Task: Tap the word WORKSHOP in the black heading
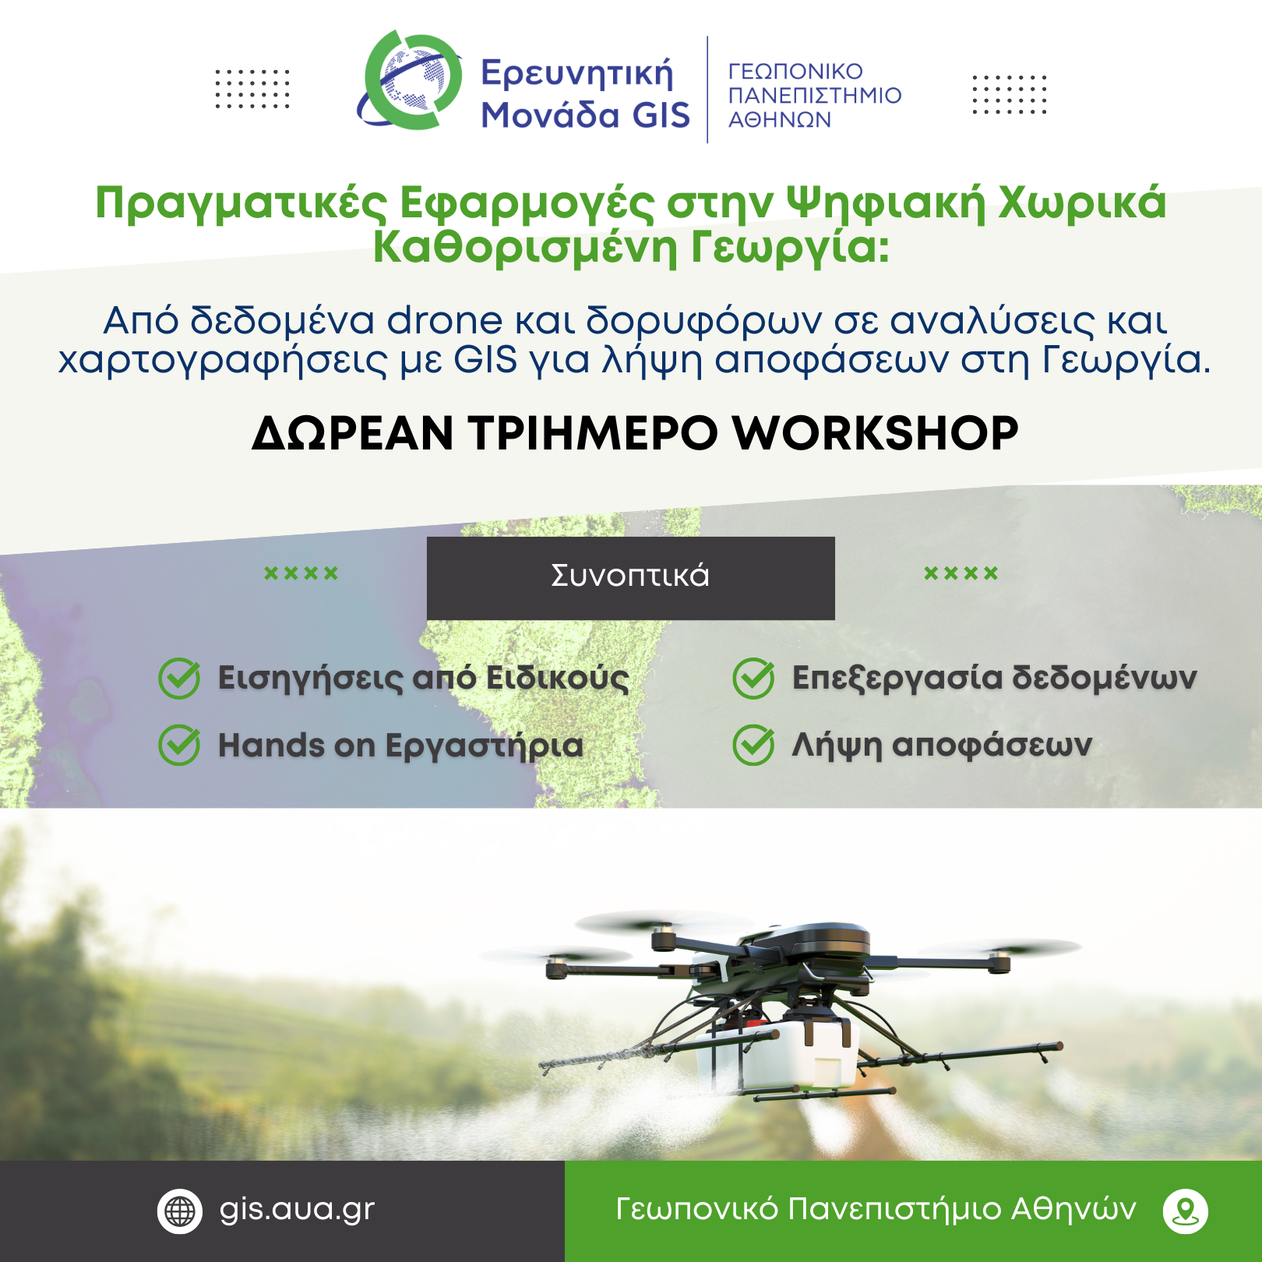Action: [875, 433]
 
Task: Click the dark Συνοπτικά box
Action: [630, 578]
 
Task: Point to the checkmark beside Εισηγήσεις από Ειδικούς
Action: [179, 678]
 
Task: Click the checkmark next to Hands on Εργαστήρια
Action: [179, 745]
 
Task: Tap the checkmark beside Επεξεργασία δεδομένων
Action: [753, 678]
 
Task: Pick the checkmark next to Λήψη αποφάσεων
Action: [753, 745]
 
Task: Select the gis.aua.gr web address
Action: [297, 1209]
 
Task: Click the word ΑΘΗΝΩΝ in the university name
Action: [780, 120]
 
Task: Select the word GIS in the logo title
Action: [661, 115]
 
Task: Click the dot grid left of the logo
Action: [252, 89]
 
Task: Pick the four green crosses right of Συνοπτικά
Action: [961, 574]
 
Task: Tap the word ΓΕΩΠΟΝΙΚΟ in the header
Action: [795, 72]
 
